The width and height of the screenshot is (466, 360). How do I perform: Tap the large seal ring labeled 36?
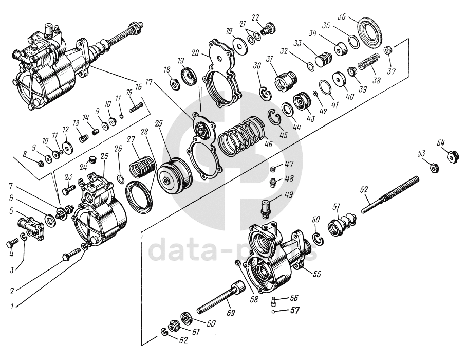370,34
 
